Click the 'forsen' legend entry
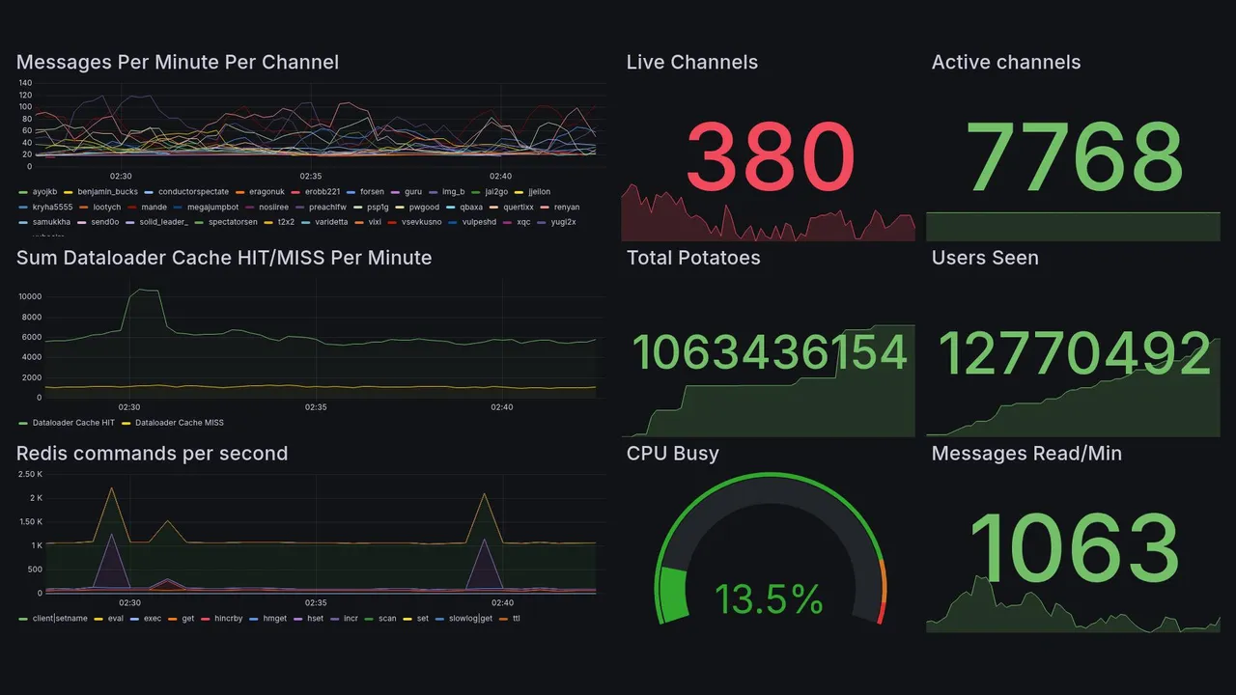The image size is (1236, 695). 372,191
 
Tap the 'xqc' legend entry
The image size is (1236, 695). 523,222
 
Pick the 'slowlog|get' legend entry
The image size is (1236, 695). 470,618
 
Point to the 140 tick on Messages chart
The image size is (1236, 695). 25,83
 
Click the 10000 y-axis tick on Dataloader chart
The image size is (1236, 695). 29,297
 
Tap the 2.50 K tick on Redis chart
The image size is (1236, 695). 30,474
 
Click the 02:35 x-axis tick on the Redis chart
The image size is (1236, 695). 315,603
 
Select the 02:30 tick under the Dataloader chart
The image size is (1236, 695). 128,407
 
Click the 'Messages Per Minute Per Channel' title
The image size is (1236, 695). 178,63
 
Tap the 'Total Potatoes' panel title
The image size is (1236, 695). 693,258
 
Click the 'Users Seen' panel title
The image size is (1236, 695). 985,258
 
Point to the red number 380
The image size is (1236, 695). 771,157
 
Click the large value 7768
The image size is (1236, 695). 1075,157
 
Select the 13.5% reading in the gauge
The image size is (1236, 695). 769,599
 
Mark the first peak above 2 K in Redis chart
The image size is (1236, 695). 111,488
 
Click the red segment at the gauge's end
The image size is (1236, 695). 880,614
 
